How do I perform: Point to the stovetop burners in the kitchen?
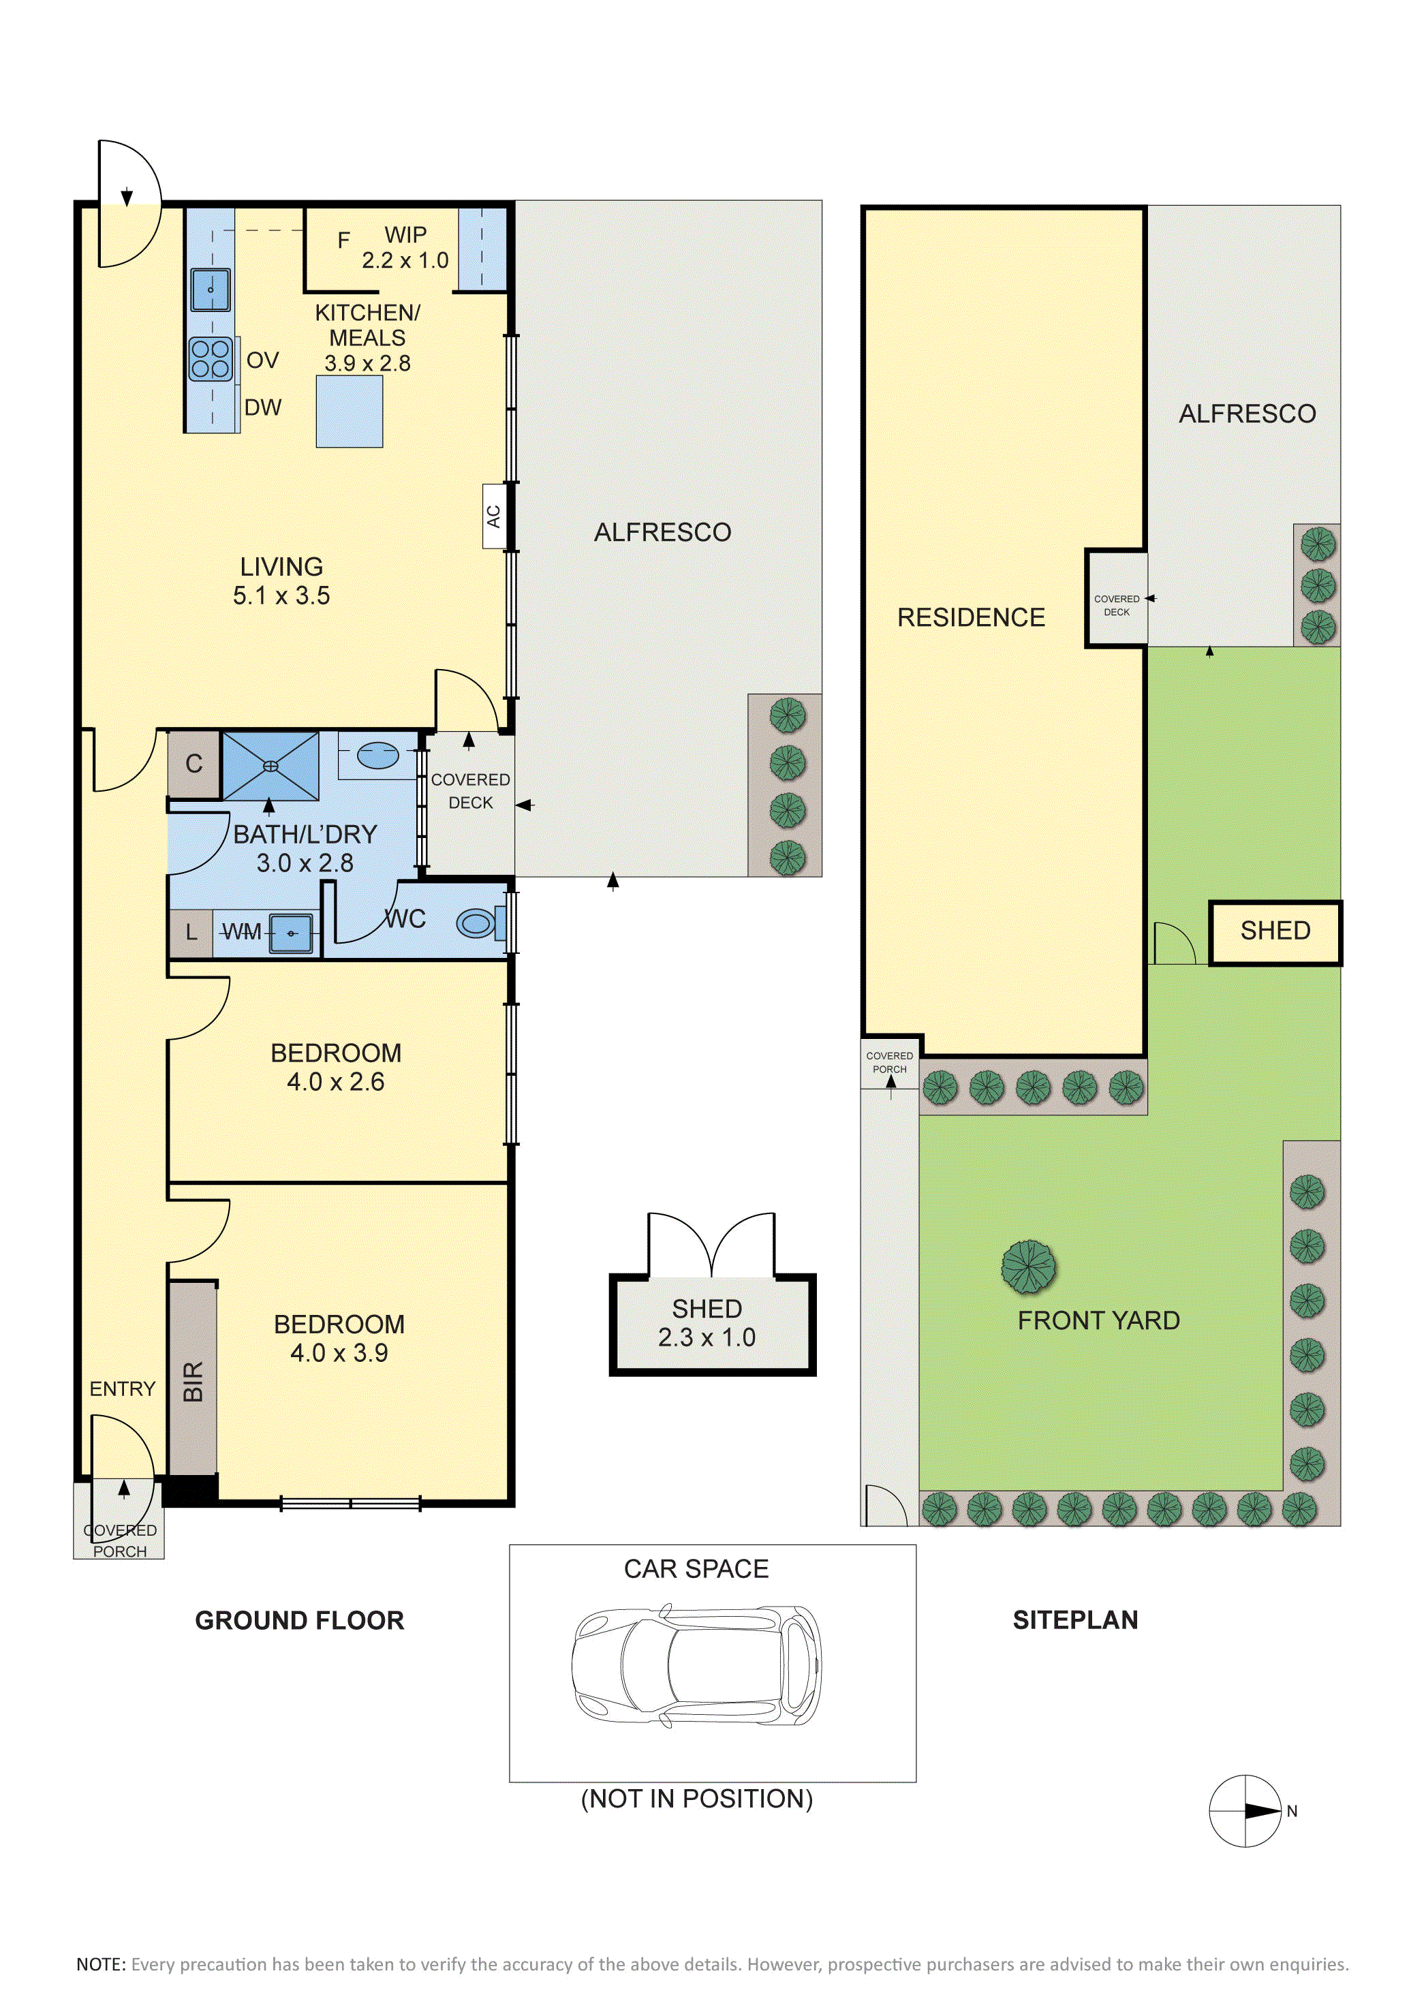coord(211,359)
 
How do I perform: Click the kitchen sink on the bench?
coord(211,289)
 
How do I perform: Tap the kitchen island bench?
coord(350,411)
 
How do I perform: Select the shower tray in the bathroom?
coord(270,766)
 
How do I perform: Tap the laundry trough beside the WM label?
coord(292,931)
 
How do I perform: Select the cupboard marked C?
coord(194,764)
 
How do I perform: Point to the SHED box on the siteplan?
coord(1275,933)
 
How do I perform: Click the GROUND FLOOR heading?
coord(299,1620)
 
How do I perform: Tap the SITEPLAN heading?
coord(1076,1620)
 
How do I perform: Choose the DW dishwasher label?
coord(264,407)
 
